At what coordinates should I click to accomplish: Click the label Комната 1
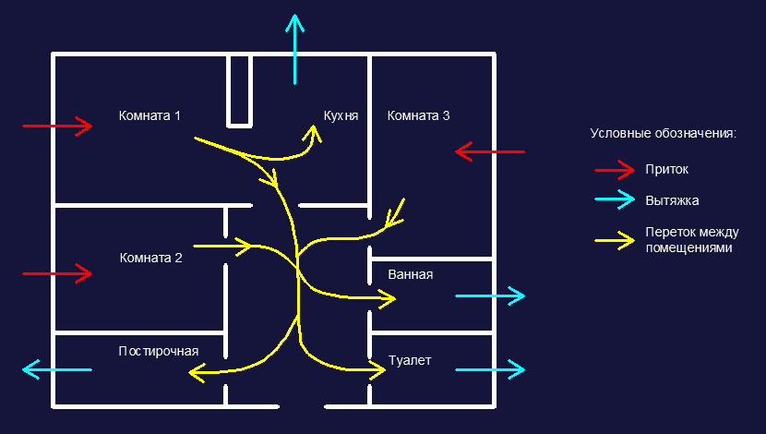[150, 115]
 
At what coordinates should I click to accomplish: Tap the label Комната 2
[150, 258]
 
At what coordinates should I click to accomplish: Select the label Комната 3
[418, 115]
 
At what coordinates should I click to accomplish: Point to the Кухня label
[341, 115]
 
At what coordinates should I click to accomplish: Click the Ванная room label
[411, 274]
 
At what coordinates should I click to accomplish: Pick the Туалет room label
[410, 360]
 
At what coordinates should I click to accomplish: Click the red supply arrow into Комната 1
[57, 125]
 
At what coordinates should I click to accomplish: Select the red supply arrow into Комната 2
[57, 273]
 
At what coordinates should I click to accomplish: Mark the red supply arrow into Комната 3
[490, 151]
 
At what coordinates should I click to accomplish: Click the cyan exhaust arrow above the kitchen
[294, 48]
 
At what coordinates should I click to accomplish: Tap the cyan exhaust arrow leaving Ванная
[490, 295]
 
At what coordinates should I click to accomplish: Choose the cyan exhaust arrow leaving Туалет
[490, 369]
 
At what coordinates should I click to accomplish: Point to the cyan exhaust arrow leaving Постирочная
[57, 370]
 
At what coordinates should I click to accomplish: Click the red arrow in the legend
[614, 170]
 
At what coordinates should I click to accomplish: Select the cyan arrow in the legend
[614, 199]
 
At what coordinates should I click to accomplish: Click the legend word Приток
[666, 170]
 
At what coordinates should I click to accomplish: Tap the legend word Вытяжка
[672, 199]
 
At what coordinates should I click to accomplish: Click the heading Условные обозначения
[663, 134]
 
